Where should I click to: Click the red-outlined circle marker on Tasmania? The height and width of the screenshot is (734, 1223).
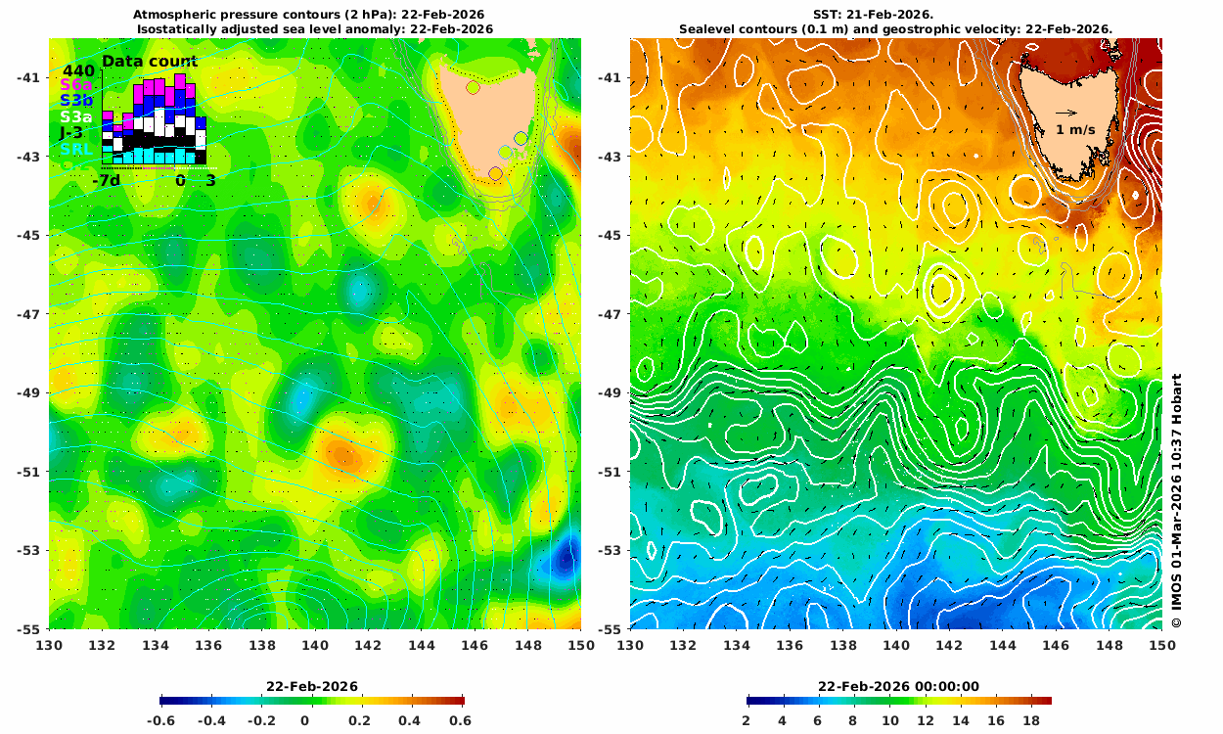[473, 87]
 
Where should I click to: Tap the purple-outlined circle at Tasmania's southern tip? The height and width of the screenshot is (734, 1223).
[495, 173]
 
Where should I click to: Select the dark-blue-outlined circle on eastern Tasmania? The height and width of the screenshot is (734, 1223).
[521, 138]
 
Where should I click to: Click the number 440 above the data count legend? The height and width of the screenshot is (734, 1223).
[78, 70]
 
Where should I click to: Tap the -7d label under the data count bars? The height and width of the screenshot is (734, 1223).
[106, 181]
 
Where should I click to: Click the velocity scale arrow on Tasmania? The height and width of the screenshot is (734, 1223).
[1065, 112]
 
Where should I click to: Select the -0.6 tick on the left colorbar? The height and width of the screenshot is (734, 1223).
[161, 720]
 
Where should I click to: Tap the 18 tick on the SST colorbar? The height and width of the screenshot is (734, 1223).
[1030, 720]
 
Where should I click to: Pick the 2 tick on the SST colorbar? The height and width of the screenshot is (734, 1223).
[747, 720]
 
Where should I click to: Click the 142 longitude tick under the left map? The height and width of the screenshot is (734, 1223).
[368, 645]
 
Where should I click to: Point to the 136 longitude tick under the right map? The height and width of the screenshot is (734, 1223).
[790, 645]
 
